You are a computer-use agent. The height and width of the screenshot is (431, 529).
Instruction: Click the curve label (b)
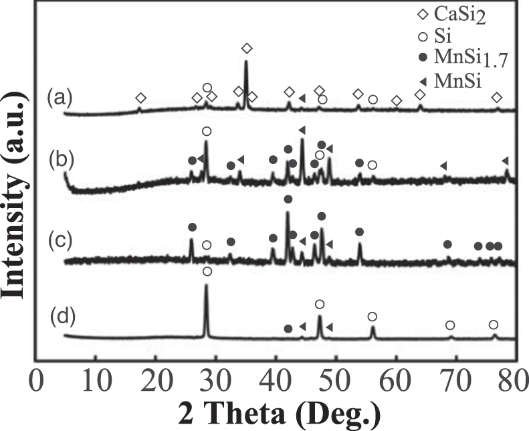coord(59,161)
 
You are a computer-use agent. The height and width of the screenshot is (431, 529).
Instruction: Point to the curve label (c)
coord(59,237)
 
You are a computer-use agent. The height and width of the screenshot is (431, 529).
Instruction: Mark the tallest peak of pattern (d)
coord(206,286)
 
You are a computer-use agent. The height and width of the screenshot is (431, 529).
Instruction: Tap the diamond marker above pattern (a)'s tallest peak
coord(247,48)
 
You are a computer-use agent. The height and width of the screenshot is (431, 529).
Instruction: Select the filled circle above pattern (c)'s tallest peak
coord(288,199)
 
